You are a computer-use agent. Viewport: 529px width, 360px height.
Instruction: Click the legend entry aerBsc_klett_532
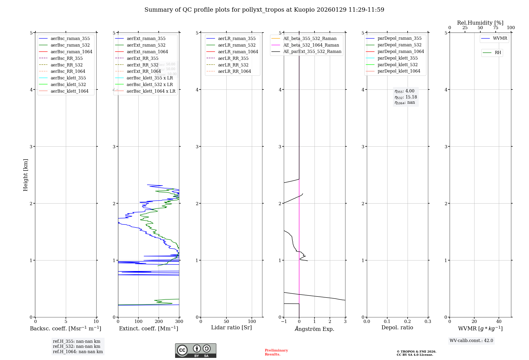[68, 85]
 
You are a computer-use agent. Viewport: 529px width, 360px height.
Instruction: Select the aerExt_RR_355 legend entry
[143, 58]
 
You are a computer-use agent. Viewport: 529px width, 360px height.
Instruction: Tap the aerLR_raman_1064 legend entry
[238, 52]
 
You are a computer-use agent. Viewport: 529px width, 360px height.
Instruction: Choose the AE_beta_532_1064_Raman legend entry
[311, 45]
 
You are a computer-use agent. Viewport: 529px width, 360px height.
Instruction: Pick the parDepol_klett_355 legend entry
[398, 58]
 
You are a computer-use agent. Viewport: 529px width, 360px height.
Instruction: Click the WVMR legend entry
[500, 39]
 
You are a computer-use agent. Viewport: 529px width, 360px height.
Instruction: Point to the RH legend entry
[498, 53]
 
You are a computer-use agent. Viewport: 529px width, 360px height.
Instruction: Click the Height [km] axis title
[25, 175]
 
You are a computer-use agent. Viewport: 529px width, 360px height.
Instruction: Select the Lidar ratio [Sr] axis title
[231, 328]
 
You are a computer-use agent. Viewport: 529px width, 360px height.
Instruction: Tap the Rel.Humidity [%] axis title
[480, 23]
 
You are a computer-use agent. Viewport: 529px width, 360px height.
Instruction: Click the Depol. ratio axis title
[397, 328]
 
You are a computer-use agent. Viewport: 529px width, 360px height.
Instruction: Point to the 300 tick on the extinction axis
[179, 322]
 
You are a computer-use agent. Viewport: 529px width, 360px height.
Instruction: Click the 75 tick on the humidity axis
[495, 28]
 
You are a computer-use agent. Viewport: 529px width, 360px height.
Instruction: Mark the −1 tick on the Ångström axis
[284, 322]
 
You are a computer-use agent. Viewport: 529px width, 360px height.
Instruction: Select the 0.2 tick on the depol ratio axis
[408, 322]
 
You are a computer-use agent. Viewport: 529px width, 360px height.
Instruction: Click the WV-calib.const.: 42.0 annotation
[471, 341]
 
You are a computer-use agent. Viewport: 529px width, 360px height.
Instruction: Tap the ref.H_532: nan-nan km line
[76, 346]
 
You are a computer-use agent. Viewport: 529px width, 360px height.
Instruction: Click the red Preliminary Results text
[276, 352]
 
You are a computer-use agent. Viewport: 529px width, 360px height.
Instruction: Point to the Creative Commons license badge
[195, 351]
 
